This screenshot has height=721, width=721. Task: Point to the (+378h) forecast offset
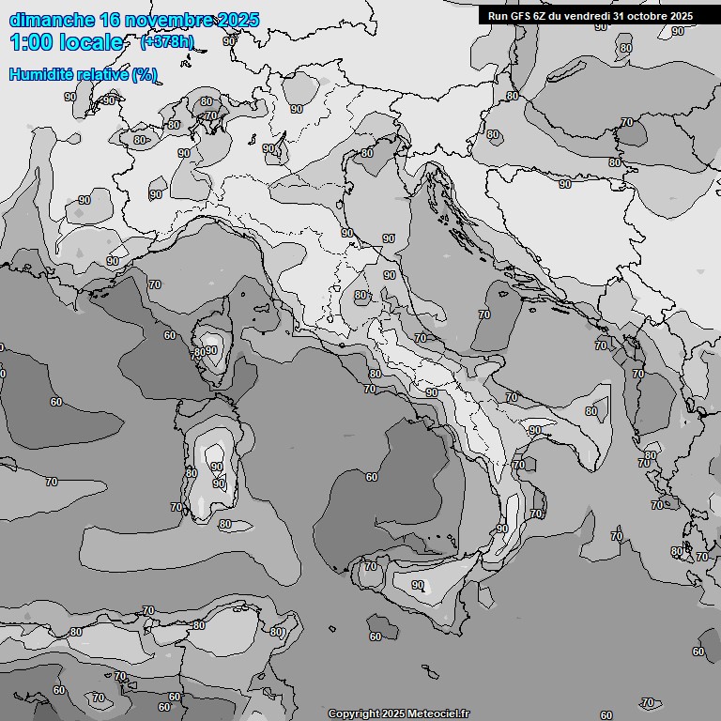click(167, 42)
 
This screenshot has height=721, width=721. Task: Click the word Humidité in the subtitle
click(40, 74)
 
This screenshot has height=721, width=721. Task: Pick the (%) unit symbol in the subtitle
click(144, 74)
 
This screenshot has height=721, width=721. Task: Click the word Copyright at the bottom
click(354, 713)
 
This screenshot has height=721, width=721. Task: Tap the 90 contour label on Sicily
click(418, 585)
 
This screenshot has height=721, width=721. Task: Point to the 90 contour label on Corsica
click(211, 350)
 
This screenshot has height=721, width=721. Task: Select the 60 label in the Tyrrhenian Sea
click(372, 477)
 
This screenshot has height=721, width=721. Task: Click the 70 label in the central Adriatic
click(484, 314)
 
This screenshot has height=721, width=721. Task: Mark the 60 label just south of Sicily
click(376, 637)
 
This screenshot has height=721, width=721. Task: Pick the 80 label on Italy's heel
click(591, 411)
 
